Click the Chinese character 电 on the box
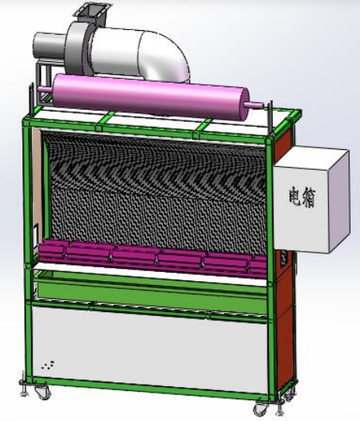(x=296, y=195)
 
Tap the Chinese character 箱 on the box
(x=308, y=197)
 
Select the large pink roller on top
(x=151, y=97)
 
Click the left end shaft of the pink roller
(x=46, y=89)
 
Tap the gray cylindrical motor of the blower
(x=49, y=46)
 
